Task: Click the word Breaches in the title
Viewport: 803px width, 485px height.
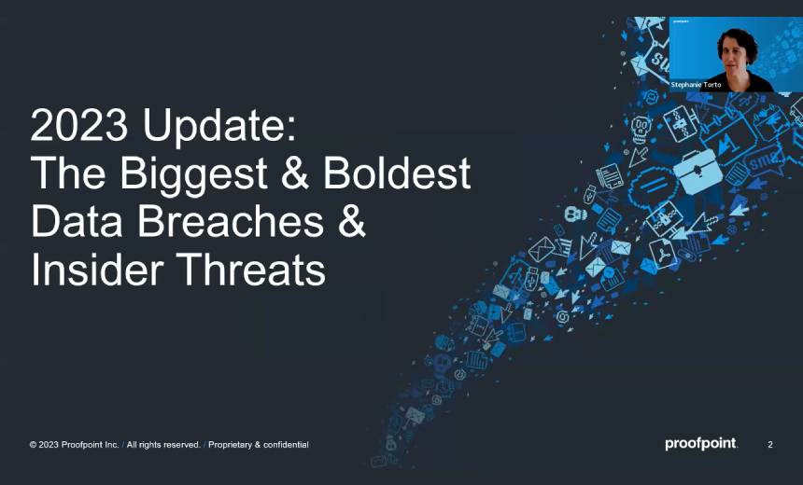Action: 213,223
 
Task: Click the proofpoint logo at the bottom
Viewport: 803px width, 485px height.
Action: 700,444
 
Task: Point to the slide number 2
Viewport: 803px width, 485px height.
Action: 770,445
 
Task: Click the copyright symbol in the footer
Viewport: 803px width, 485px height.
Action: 33,445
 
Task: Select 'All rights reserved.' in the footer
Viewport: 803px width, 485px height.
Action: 163,445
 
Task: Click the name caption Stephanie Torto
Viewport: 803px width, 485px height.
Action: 696,85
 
